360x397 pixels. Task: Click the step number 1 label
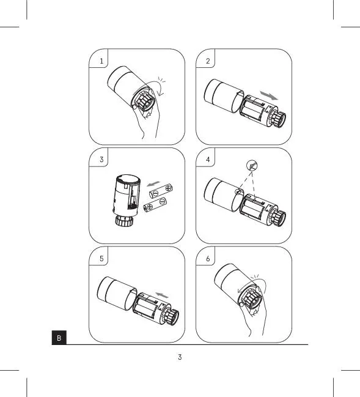tap(101, 61)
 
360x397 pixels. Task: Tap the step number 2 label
tap(208, 61)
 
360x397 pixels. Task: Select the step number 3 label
tap(101, 160)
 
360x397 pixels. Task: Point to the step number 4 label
tap(208, 160)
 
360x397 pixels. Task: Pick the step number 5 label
tap(101, 259)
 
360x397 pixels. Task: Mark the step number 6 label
tap(208, 259)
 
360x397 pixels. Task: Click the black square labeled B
tap(59, 338)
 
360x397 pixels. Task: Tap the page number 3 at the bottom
tap(180, 357)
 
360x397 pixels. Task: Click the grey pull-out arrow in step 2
tap(269, 95)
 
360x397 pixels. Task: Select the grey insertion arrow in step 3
tap(153, 184)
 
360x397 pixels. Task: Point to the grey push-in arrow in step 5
tap(162, 295)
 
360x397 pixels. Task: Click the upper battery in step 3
tap(161, 191)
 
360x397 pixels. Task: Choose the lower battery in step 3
tap(155, 204)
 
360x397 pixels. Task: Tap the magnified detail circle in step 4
tap(252, 166)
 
